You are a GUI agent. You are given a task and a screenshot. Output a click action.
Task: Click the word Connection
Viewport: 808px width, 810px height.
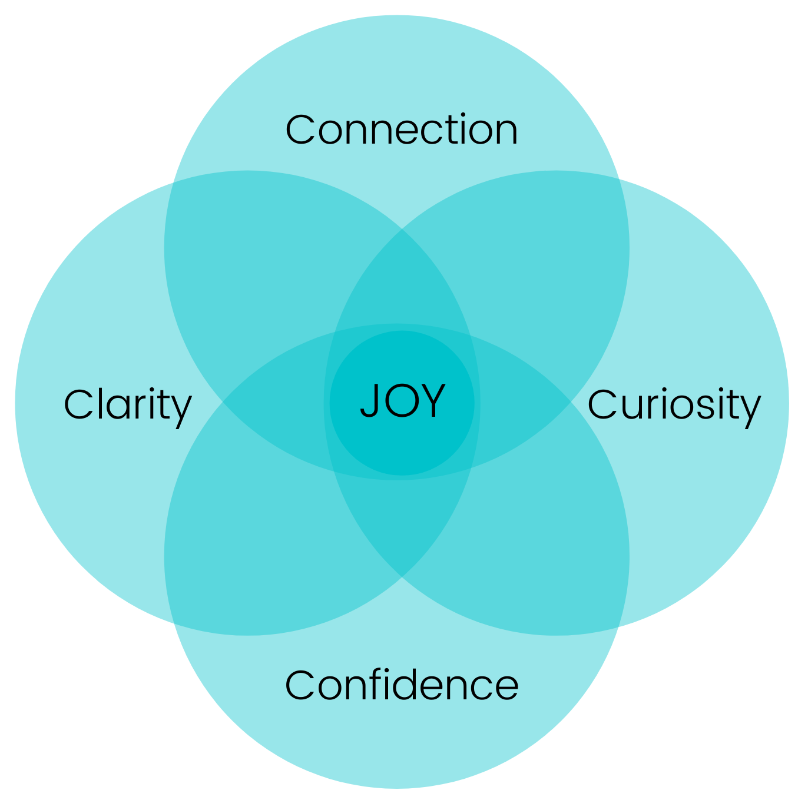[402, 130]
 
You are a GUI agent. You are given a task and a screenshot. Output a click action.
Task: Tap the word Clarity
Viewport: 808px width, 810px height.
[128, 406]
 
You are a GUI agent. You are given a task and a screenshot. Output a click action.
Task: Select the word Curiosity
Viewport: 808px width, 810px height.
[674, 406]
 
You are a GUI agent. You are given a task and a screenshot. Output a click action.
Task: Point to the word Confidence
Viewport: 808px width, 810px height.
[402, 686]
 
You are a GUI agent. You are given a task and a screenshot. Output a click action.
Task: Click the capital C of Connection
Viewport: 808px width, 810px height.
[299, 130]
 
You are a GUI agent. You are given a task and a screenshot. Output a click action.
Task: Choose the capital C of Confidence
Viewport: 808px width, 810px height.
[299, 686]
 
